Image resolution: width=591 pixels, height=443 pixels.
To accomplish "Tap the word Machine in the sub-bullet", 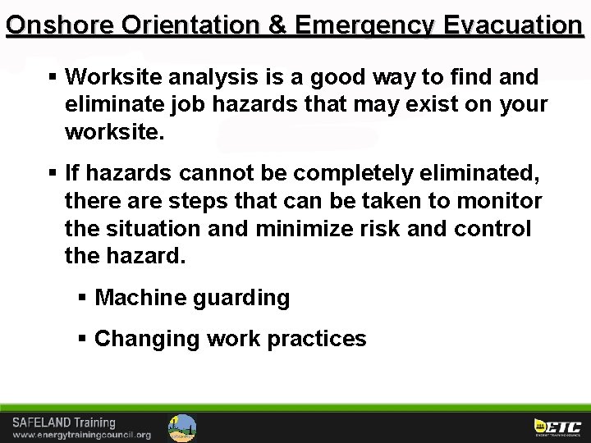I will [x=140, y=297].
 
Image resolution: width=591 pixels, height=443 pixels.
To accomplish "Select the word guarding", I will [x=241, y=297].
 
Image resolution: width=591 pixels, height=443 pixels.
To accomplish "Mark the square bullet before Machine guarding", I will [x=81, y=297].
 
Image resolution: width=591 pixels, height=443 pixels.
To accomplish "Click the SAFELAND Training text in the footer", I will [x=63, y=422].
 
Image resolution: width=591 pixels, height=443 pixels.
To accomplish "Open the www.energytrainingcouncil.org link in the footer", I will [x=81, y=435].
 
